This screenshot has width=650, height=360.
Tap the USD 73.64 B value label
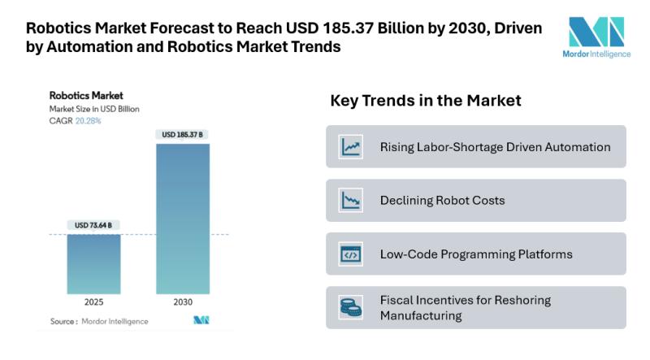pos(93,225)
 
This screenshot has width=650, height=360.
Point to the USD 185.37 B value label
pos(183,134)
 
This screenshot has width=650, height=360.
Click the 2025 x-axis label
pos(93,302)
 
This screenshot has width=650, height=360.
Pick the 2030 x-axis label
pos(183,302)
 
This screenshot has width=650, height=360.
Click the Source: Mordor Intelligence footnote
pos(99,322)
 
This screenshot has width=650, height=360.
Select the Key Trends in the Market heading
pos(425,102)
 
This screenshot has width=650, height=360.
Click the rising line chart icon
pos(351,147)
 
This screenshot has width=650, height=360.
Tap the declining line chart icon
pos(351,201)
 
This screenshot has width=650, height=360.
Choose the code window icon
pos(351,254)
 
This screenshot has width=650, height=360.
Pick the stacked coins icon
pos(351,308)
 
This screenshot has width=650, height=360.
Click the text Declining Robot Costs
pos(443,201)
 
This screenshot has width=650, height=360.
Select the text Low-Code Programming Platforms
pos(476,254)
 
